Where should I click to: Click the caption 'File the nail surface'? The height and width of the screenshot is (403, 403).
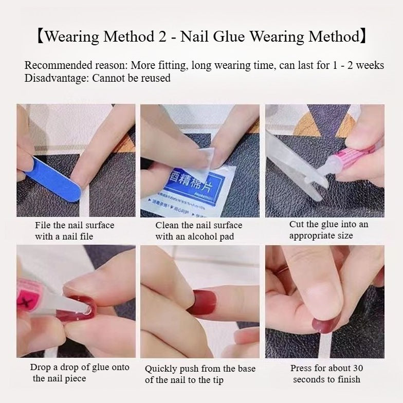pos(75,225)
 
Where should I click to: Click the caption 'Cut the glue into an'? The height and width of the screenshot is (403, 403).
pos(328,224)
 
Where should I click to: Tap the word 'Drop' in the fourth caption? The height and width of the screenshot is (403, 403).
pos(41,368)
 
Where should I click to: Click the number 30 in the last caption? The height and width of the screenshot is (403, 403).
pos(356,368)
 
